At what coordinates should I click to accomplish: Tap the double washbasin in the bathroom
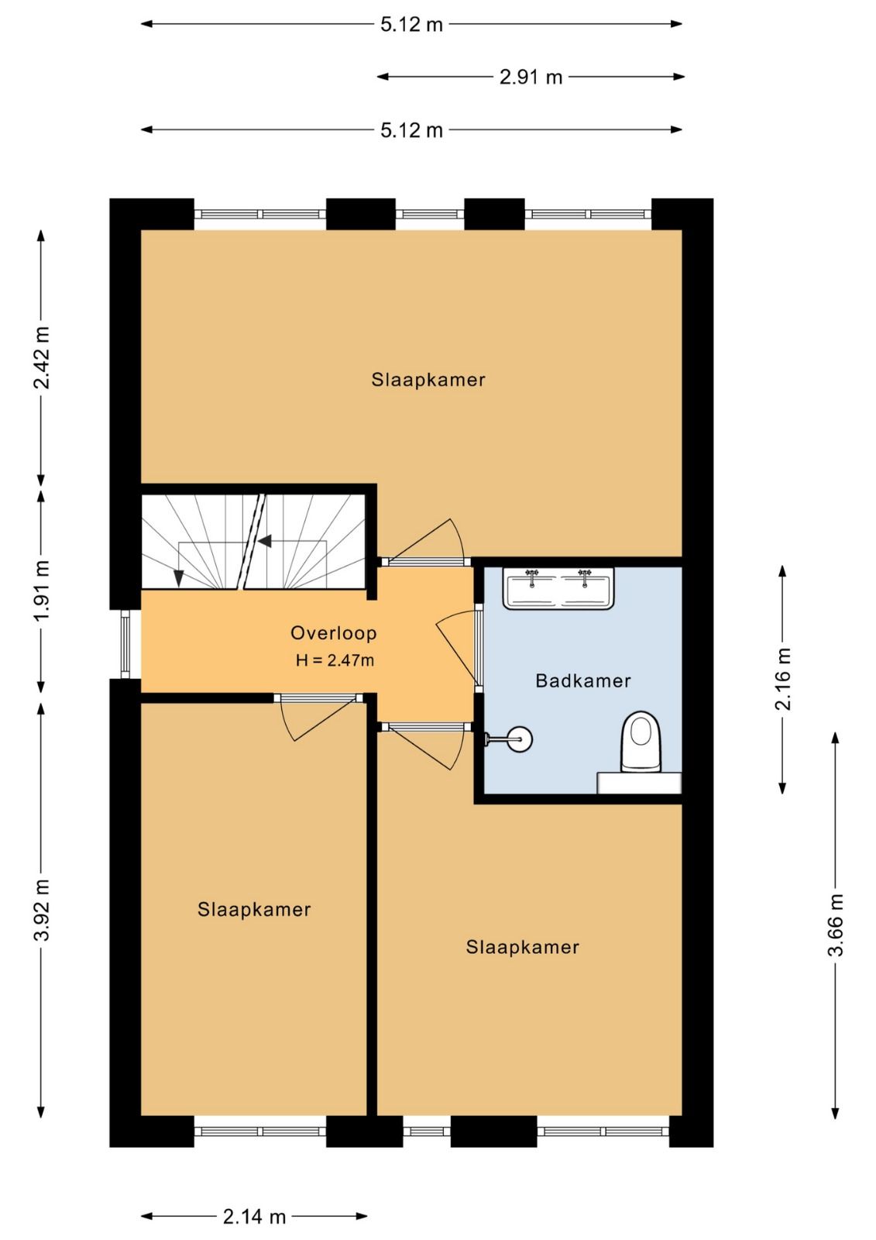click(558, 588)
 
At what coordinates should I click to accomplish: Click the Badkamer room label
click(582, 681)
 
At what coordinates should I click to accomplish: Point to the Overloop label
click(334, 632)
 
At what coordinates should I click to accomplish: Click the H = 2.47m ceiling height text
click(335, 660)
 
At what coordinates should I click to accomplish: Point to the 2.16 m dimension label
click(783, 679)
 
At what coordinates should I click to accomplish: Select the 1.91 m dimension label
click(42, 591)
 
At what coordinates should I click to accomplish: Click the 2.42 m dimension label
click(42, 357)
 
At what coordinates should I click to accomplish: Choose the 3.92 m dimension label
click(42, 909)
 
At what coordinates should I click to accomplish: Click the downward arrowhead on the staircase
click(178, 578)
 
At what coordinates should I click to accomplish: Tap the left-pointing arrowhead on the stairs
click(265, 542)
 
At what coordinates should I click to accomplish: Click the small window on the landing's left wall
click(125, 644)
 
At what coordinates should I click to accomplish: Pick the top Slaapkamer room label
click(428, 380)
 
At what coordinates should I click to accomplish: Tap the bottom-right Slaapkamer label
click(522, 947)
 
